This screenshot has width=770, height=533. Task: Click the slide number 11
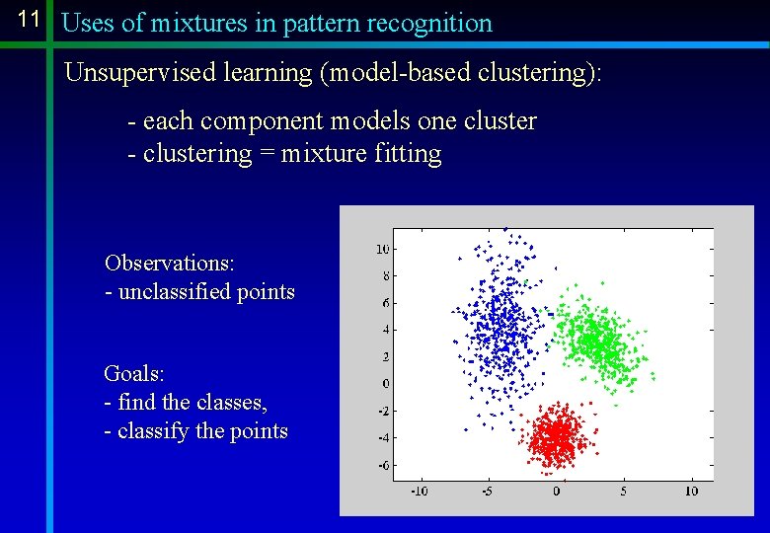coord(29,19)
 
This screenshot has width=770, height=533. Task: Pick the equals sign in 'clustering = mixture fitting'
coord(266,155)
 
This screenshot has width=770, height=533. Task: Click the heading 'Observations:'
coord(169,264)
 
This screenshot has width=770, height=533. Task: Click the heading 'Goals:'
coord(134,374)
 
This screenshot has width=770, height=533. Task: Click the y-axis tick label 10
coord(383,248)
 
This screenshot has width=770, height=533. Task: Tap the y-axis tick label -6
coord(383,465)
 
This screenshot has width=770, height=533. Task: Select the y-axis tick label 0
coord(386,383)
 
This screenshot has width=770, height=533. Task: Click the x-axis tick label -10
coord(420,491)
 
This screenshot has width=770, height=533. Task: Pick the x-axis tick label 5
coord(623,491)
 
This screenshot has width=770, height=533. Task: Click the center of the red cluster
coord(557,435)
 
